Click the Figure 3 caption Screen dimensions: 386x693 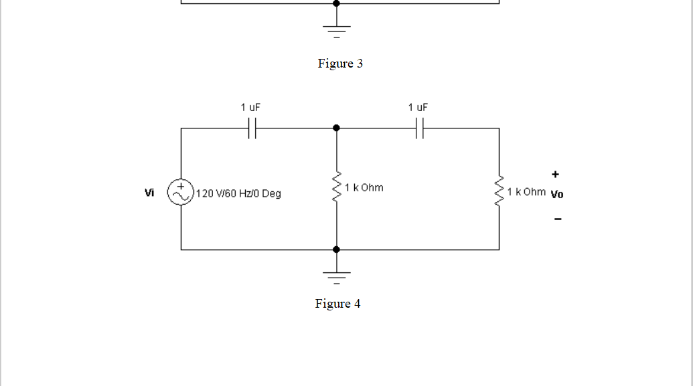340,64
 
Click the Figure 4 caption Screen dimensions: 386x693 337,304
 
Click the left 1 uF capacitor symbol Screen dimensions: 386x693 252,128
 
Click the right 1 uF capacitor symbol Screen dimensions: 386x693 420,128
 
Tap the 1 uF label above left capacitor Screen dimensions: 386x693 250,107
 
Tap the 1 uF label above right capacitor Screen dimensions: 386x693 418,107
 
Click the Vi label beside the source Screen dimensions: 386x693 149,193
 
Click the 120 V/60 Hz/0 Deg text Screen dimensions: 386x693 239,194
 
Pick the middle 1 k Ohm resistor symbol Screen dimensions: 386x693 336,188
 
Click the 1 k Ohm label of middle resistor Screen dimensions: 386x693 364,187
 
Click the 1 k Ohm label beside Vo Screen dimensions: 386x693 526,192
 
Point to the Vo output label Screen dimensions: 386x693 556,195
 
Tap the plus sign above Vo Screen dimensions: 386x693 555,175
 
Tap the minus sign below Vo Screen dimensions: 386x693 557,219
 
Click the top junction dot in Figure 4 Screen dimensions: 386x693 336,128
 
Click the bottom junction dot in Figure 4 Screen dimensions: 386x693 336,250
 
